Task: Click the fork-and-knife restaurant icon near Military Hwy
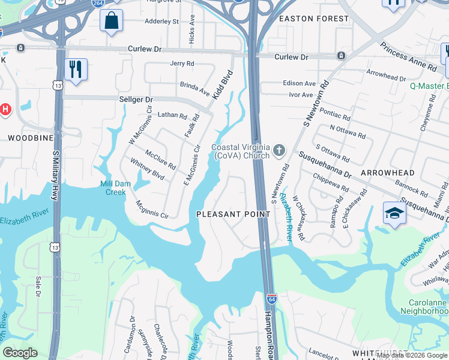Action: [x=76, y=69]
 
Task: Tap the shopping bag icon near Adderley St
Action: [x=111, y=20]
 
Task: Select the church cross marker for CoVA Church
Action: [x=279, y=150]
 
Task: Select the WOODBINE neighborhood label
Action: [x=26, y=137]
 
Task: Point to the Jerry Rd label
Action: [x=182, y=63]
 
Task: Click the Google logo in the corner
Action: [x=20, y=353]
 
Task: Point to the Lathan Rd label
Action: [x=172, y=114]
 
